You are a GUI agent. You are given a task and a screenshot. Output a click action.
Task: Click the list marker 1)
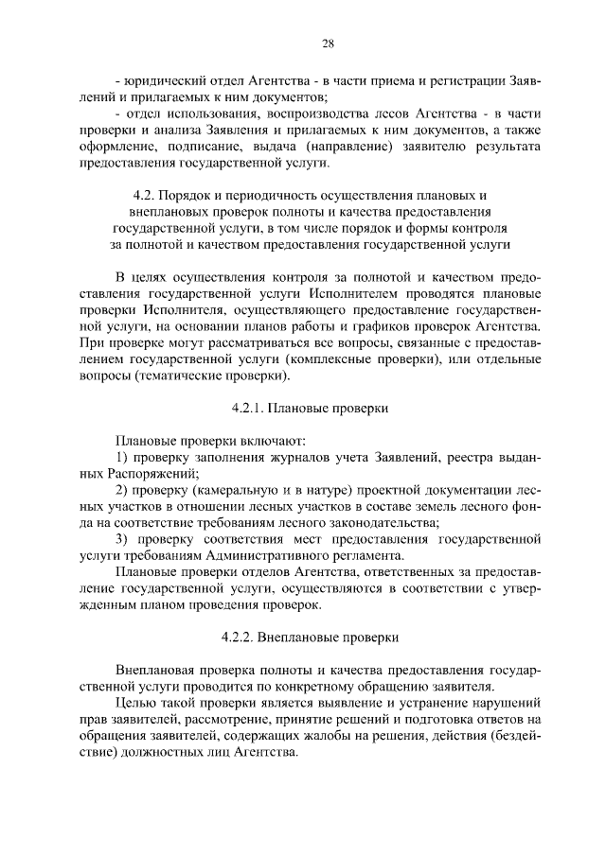(121, 458)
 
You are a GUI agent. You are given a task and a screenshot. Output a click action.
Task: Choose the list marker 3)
(122, 538)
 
